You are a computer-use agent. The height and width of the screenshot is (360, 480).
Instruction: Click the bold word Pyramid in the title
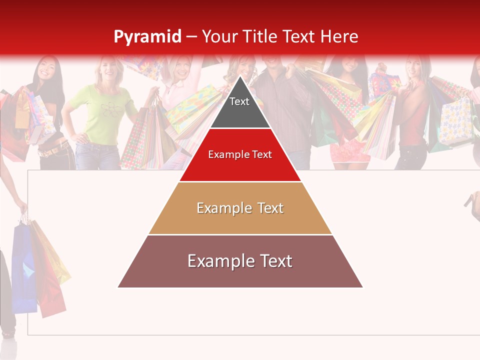pos(147,36)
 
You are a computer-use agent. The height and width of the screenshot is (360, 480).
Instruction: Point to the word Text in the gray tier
pos(239,101)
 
